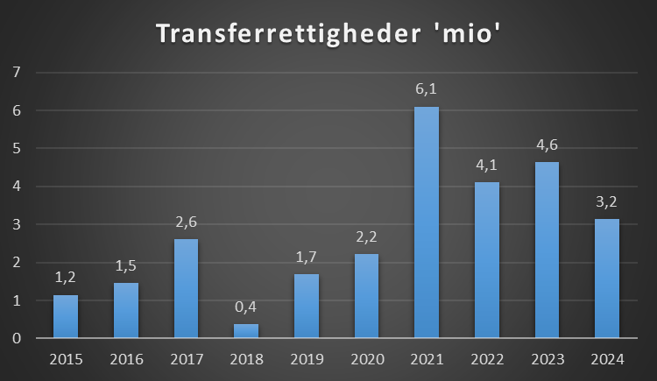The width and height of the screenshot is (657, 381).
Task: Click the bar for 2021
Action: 427,222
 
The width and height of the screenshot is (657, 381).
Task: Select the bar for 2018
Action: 246,331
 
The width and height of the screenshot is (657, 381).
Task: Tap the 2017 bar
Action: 186,288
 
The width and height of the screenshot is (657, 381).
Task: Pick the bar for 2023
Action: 547,250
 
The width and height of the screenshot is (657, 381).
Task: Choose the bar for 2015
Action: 66,316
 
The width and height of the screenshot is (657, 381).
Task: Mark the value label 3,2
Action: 607,203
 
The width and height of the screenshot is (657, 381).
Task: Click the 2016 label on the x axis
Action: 126,359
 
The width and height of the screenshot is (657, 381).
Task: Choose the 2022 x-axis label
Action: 486,359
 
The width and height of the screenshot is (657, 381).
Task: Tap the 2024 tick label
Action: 607,359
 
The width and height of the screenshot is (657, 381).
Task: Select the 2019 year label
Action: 306,359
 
